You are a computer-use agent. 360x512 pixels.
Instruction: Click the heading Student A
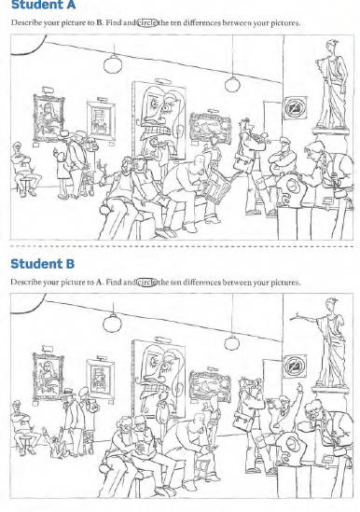pos(43,5)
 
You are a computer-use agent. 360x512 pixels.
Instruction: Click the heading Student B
pos(43,264)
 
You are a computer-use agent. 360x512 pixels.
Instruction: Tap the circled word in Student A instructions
pos(147,23)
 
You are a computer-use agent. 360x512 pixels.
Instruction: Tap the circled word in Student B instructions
pos(146,283)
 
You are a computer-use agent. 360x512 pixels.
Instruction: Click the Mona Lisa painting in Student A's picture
pos(48,118)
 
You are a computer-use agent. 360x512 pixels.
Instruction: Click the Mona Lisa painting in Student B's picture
pos(48,377)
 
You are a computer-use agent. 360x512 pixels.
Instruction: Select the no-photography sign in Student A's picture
pos(296,108)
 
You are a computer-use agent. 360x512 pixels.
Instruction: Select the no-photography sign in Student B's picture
pos(295,367)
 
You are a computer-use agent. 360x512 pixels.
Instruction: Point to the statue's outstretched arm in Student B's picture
pos(306,318)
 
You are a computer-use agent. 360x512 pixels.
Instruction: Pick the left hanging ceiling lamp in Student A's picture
pos(113,64)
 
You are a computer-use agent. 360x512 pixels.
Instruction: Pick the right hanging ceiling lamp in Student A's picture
pos(232,84)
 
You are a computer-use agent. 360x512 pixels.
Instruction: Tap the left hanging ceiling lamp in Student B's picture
pos(112,323)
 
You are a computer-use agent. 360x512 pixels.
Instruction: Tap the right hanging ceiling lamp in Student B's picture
pos(231,343)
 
